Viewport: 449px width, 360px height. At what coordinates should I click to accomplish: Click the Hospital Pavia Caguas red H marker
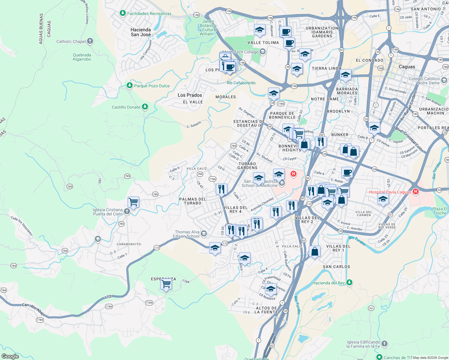click(415, 191)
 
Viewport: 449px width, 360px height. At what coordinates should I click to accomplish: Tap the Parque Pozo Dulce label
click(152, 86)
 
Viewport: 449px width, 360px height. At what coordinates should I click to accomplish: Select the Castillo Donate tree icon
click(145, 107)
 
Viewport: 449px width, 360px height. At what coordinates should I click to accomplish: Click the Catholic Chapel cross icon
click(90, 41)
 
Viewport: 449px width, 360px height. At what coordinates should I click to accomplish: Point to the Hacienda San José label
click(140, 32)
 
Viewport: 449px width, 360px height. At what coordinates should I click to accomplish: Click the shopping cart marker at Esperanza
click(166, 284)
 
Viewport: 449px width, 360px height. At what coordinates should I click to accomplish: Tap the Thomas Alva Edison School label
click(187, 234)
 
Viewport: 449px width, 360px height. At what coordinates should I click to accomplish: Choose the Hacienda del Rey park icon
click(349, 283)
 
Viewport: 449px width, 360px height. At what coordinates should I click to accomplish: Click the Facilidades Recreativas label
click(149, 13)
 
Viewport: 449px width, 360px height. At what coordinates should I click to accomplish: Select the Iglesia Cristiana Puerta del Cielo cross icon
click(127, 211)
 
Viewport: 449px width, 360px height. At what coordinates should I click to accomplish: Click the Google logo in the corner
click(10, 356)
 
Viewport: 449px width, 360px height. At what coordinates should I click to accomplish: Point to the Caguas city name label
click(407, 67)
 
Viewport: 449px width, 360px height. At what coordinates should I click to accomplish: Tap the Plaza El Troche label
click(440, 211)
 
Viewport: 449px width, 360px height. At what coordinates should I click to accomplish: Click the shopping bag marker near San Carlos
click(315, 251)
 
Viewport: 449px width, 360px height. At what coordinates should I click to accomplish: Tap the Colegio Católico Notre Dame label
click(424, 81)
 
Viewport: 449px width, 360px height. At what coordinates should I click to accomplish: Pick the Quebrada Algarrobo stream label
click(82, 57)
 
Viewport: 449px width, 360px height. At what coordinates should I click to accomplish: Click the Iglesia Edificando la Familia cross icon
click(384, 344)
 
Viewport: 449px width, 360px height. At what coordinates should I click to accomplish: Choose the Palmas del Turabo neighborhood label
click(192, 201)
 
